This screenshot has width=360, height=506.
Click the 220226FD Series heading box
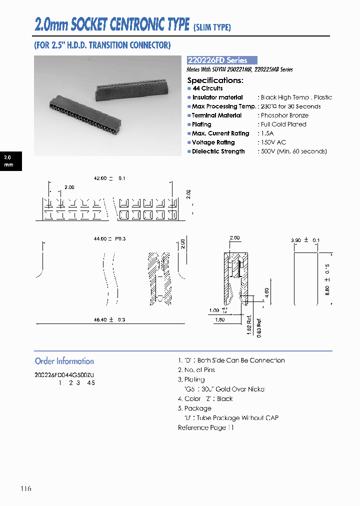click(x=222, y=60)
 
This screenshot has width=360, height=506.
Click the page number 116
click(x=26, y=488)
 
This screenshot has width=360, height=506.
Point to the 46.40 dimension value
click(x=100, y=319)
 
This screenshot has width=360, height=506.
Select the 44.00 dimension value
click(x=100, y=239)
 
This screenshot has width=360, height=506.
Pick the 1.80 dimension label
click(x=219, y=319)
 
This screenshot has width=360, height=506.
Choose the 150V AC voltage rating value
click(x=273, y=142)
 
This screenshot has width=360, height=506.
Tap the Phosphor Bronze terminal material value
click(x=284, y=115)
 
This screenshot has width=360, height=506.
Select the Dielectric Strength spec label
click(x=218, y=151)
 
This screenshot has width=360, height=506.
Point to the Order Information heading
click(x=64, y=361)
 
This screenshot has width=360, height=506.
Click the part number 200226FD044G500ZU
click(x=64, y=374)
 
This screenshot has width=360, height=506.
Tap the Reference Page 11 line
click(x=205, y=427)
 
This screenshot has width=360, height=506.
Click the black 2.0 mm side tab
click(x=10, y=160)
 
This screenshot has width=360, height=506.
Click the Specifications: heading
click(x=215, y=80)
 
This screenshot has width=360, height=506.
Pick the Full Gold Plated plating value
click(x=283, y=124)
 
